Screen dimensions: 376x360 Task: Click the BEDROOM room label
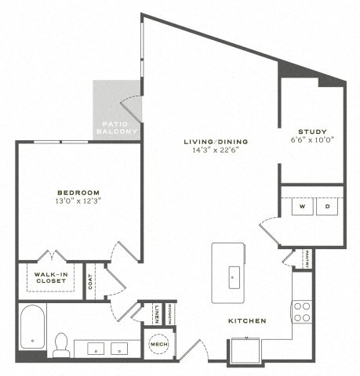click(78, 193)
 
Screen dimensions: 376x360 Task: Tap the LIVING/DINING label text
click(216, 142)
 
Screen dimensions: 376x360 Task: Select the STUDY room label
click(311, 132)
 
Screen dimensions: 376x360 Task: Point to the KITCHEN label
click(247, 320)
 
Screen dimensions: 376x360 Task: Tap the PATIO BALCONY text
click(117, 128)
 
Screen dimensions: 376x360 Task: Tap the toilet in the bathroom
click(61, 344)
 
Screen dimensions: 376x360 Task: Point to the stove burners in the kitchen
click(302, 312)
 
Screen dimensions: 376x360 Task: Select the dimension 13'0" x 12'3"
click(78, 201)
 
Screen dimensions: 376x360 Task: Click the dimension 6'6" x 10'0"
click(311, 141)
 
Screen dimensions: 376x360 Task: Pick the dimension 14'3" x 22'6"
click(216, 151)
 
